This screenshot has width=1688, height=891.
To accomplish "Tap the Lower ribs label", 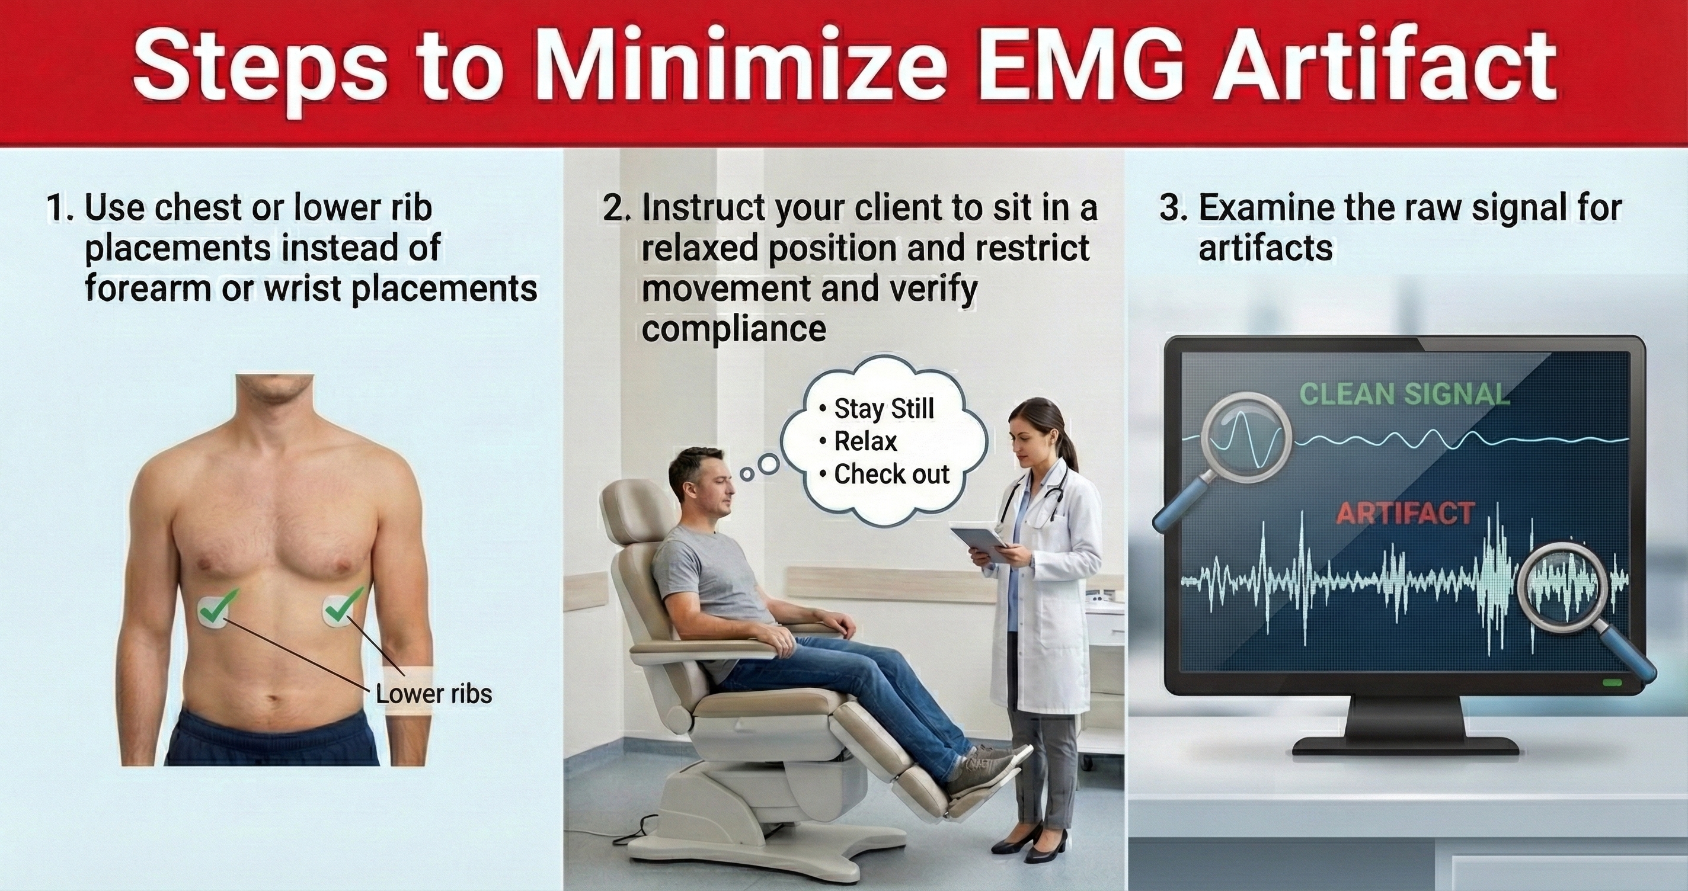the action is click(434, 694).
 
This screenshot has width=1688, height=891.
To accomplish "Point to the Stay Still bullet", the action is click(877, 409).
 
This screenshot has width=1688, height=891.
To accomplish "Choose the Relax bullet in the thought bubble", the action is click(858, 441).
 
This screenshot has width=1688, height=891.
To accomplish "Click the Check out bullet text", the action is click(885, 475).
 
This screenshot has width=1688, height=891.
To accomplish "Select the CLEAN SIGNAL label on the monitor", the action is click(1404, 395).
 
